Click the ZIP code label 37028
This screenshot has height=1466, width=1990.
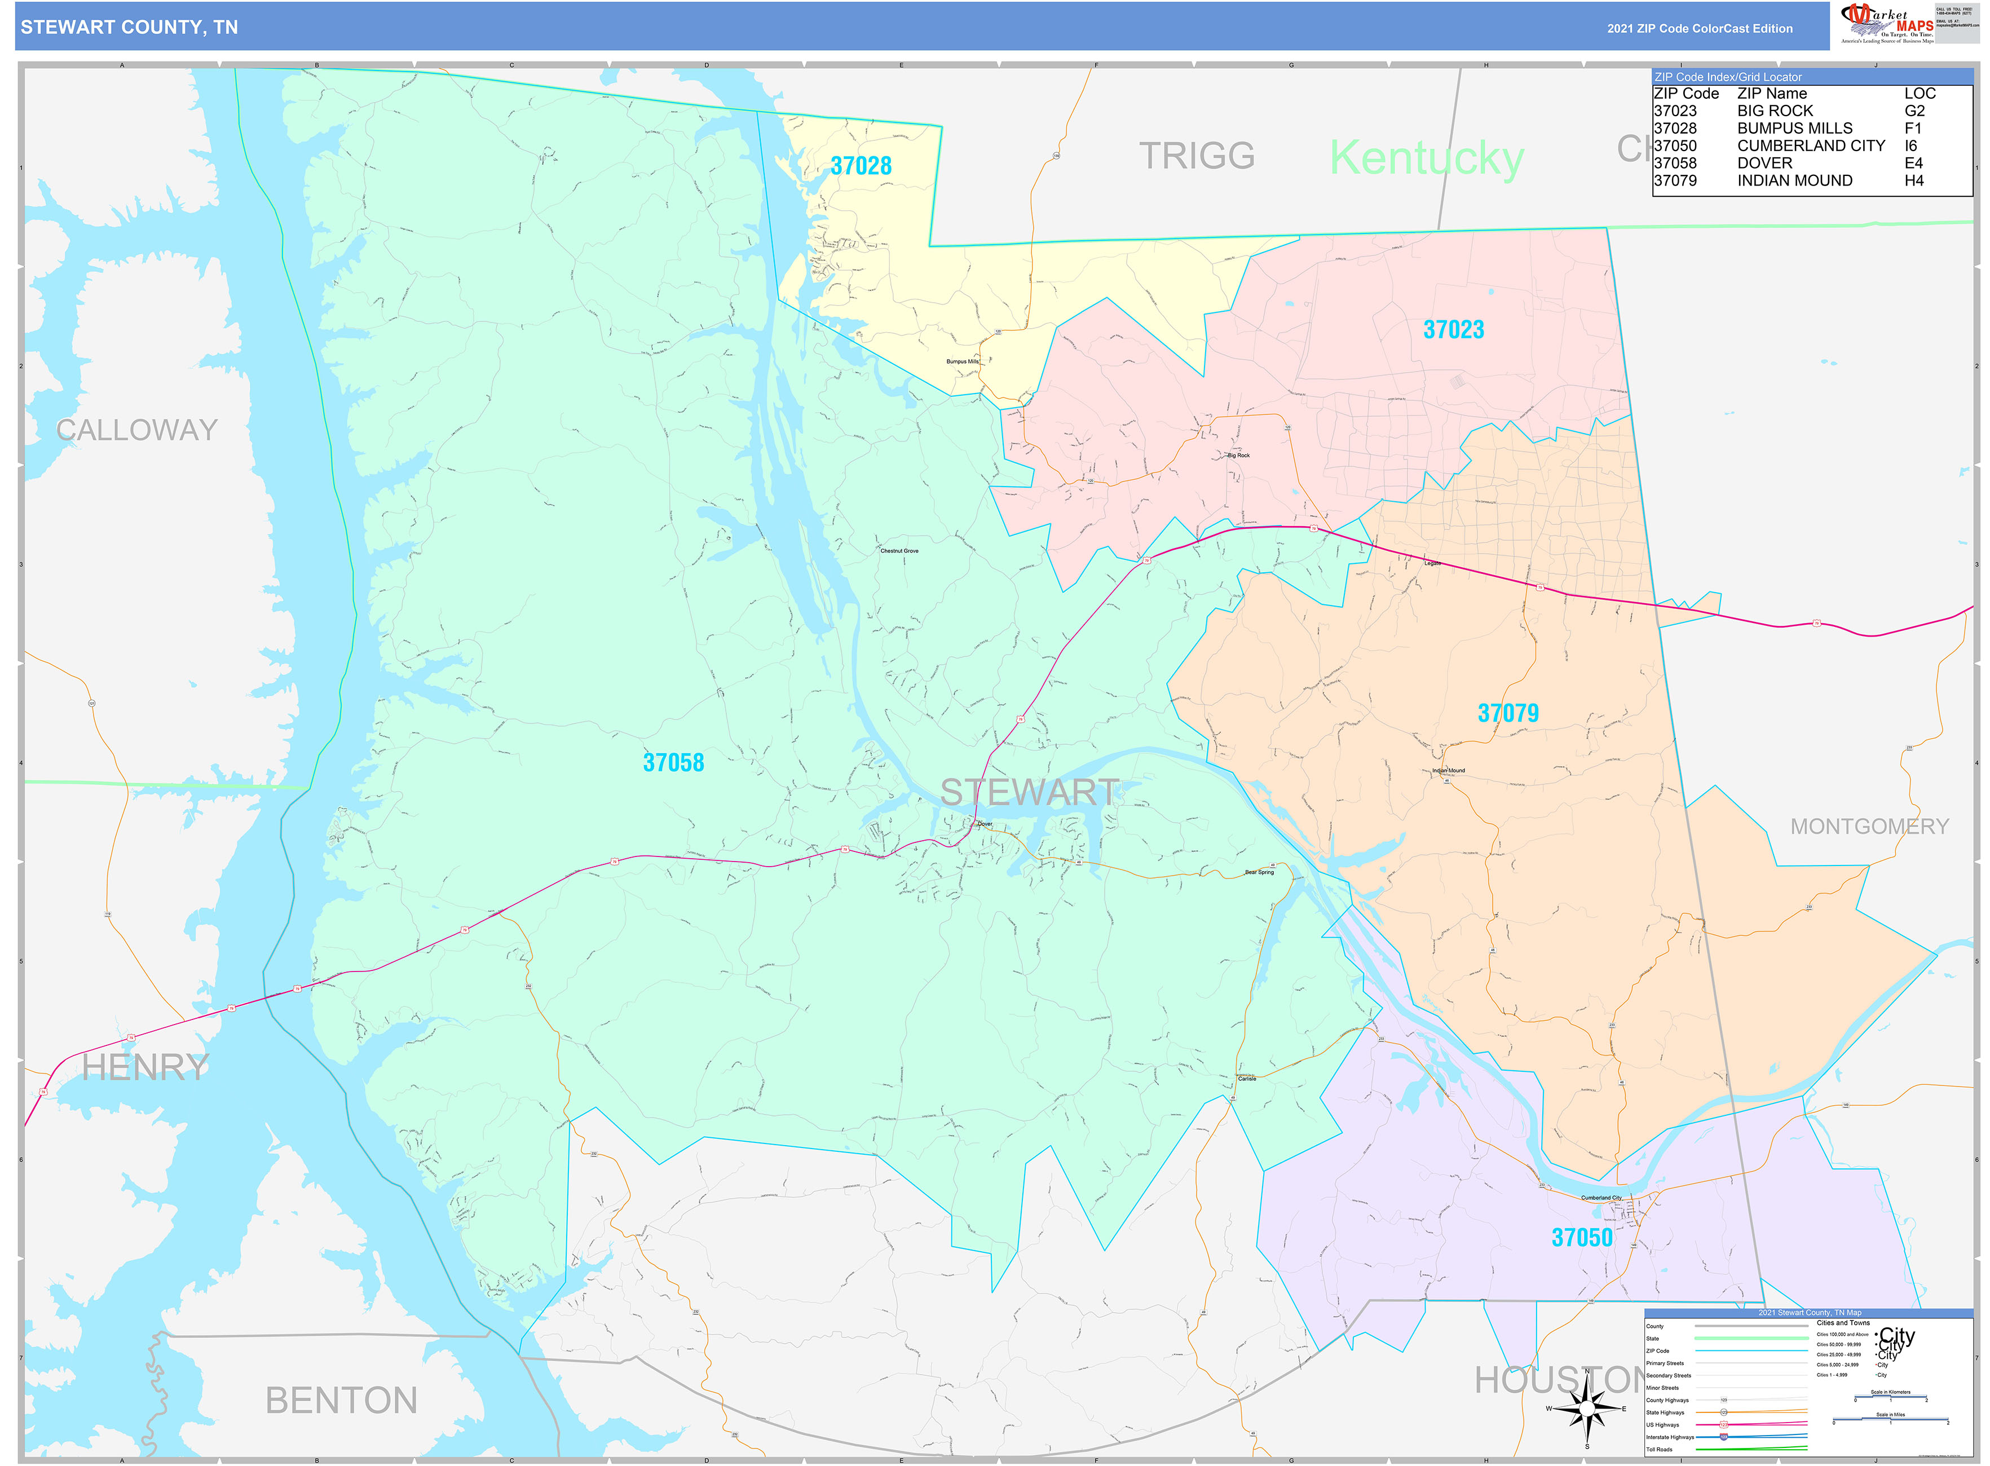coord(860,166)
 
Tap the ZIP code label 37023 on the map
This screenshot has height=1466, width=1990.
coord(1453,329)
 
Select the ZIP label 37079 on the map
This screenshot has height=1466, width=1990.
coord(1507,713)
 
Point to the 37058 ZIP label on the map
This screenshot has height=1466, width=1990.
coord(673,762)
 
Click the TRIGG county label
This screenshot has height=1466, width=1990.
coord(1197,156)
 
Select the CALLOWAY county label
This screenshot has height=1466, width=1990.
coord(136,430)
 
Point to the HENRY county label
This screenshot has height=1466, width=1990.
coord(145,1067)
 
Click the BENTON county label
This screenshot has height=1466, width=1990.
coord(341,1401)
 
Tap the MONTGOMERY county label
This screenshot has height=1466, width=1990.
coord(1868,826)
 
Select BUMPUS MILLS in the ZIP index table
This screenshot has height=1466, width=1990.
coord(1794,128)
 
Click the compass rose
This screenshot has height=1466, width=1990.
coord(1587,1409)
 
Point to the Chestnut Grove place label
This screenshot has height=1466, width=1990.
coord(899,551)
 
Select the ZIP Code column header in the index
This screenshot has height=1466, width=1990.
coord(1685,93)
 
